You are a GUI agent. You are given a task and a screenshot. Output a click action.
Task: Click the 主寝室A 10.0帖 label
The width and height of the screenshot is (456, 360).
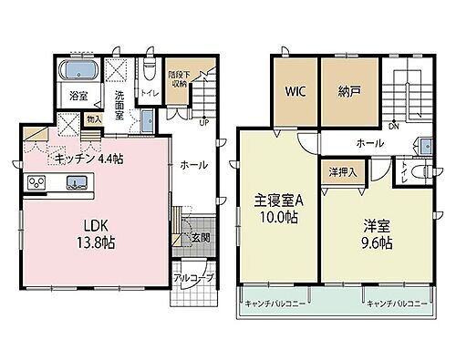276,211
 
